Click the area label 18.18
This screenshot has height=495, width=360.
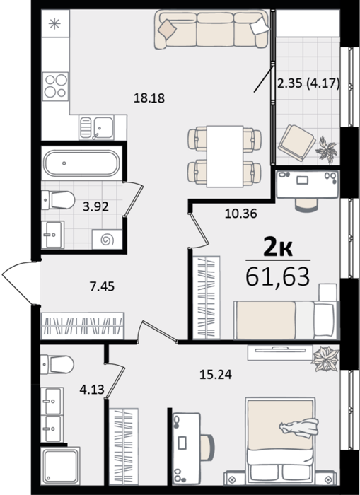pyautogui.click(x=149, y=98)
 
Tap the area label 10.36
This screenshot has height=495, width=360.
pyautogui.click(x=241, y=214)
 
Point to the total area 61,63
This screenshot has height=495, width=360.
pyautogui.click(x=277, y=276)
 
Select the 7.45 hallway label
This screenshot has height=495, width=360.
pyautogui.click(x=102, y=286)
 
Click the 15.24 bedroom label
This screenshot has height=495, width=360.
pyautogui.click(x=216, y=374)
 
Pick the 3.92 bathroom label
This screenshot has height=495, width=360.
pyautogui.click(x=95, y=206)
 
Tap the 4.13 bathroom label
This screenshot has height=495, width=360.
pyautogui.click(x=92, y=390)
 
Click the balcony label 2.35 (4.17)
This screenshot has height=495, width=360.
pyautogui.click(x=308, y=84)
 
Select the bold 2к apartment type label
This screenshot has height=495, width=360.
pyautogui.click(x=278, y=248)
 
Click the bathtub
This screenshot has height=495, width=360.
pyautogui.click(x=81, y=163)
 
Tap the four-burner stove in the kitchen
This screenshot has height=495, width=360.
pyautogui.click(x=55, y=86)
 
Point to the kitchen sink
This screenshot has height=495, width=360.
pyautogui.click(x=97, y=128)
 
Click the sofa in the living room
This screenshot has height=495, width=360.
pyautogui.click(x=212, y=30)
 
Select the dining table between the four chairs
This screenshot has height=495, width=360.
pyautogui.click(x=225, y=156)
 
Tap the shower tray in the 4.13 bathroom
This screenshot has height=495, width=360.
pyautogui.click(x=60, y=465)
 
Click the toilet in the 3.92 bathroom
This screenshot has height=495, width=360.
pyautogui.click(x=58, y=200)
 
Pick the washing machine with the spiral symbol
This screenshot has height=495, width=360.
pyautogui.click(x=108, y=240)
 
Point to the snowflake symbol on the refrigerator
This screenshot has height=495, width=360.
pyautogui.click(x=55, y=23)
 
